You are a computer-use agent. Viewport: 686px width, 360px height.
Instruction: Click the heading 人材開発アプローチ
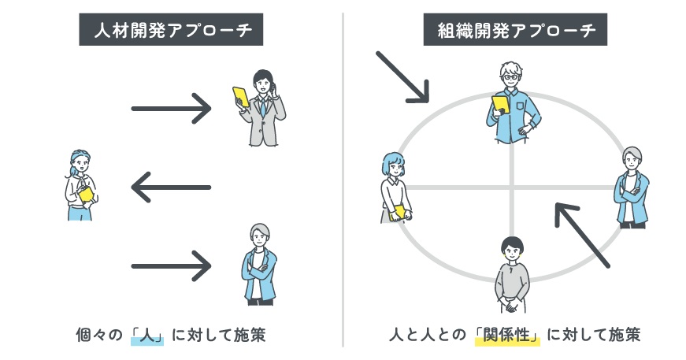172,32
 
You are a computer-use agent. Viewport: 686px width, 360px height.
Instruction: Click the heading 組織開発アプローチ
516,32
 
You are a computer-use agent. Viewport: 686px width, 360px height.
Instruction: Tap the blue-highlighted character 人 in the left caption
147,335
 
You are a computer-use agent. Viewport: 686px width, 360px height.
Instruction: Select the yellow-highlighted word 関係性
509,335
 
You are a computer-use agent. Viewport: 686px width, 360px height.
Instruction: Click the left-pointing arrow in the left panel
171,187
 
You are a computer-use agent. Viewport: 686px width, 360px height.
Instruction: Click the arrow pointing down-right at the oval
402,77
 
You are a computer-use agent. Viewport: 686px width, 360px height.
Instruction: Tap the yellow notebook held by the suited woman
239,97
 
